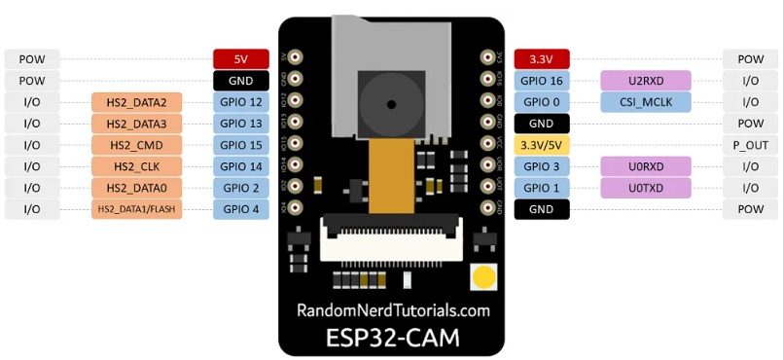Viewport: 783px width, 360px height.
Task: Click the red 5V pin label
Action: click(x=241, y=58)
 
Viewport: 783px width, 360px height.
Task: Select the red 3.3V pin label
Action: click(x=541, y=58)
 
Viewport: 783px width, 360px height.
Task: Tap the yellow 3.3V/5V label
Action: click(x=541, y=145)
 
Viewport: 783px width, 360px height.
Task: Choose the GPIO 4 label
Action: click(x=241, y=209)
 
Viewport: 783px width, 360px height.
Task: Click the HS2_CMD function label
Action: click(x=137, y=145)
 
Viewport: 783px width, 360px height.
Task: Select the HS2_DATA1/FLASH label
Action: click(x=137, y=209)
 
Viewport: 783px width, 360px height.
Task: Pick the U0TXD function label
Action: click(x=646, y=188)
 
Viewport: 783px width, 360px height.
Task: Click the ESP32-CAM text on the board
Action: click(x=393, y=339)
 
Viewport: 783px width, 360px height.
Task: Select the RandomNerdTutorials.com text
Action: click(x=393, y=311)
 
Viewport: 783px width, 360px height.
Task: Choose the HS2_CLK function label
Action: click(x=137, y=166)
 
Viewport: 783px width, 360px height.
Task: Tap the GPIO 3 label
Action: click(x=541, y=166)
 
